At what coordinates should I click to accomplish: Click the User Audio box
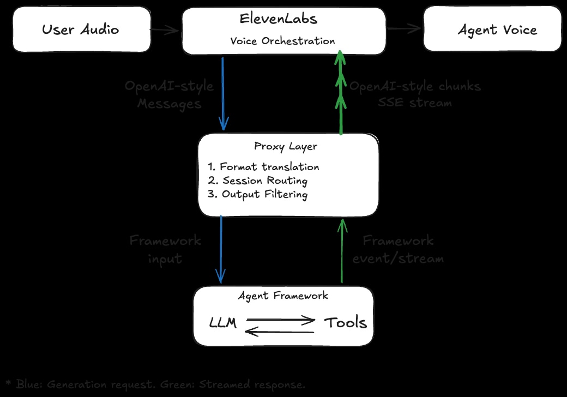(x=81, y=29)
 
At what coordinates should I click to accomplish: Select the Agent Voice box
(x=492, y=29)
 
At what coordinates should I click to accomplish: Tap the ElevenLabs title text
(x=279, y=19)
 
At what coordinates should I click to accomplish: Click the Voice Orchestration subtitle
(x=282, y=41)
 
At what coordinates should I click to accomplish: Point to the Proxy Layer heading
(x=286, y=146)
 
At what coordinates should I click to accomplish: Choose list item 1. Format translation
(x=263, y=167)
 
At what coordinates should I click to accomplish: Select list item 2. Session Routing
(x=258, y=181)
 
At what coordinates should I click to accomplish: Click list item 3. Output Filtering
(x=258, y=194)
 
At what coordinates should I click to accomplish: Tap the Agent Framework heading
(x=283, y=296)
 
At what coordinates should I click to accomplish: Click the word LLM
(x=223, y=323)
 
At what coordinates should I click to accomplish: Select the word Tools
(x=346, y=322)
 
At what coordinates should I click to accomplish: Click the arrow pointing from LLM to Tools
(x=281, y=320)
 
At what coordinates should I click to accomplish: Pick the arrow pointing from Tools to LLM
(x=280, y=330)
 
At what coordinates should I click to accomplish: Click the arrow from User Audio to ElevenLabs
(x=165, y=31)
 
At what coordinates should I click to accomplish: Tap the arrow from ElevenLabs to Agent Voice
(x=405, y=29)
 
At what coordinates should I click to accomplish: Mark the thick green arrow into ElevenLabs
(x=341, y=93)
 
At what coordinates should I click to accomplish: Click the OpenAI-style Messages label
(x=169, y=95)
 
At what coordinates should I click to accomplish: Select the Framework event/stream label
(x=398, y=249)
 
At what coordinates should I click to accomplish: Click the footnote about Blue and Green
(x=155, y=384)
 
